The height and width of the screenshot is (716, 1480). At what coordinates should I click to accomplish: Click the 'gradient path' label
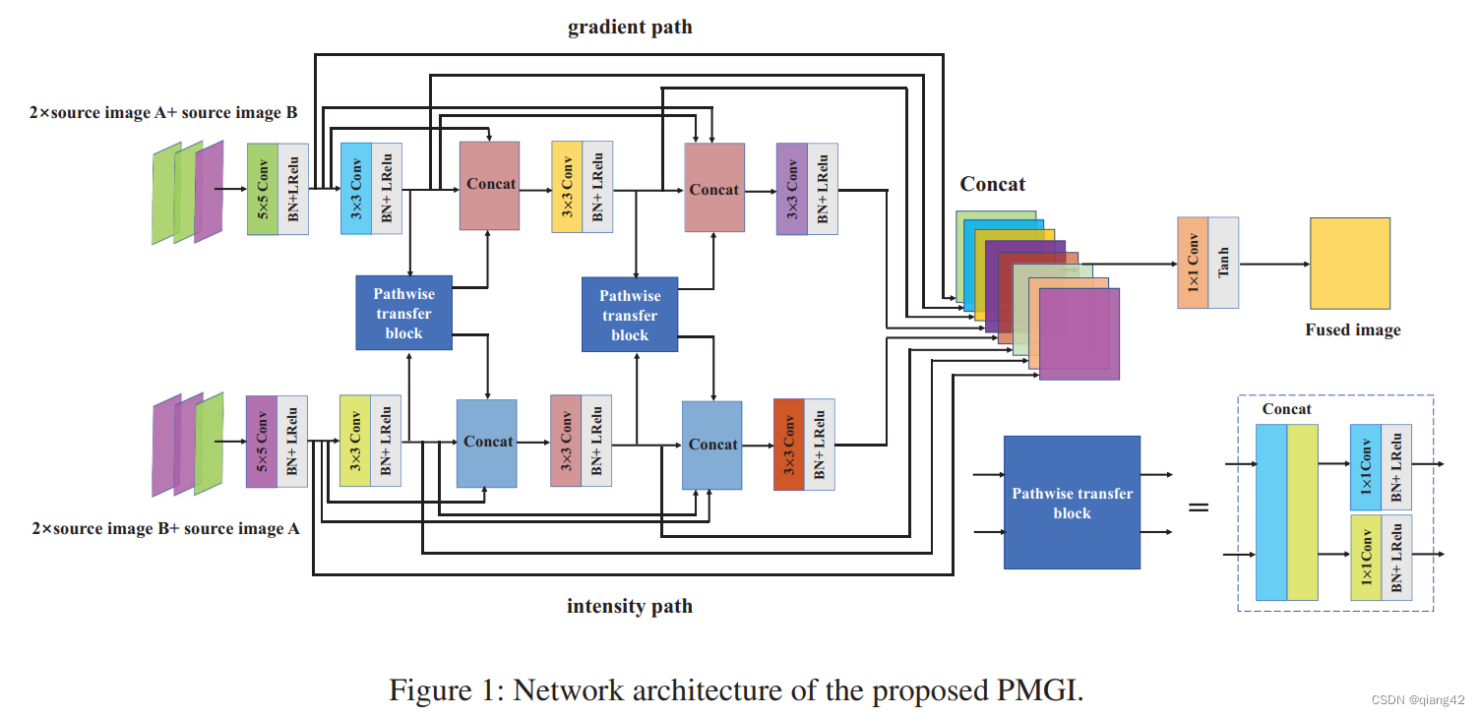(630, 28)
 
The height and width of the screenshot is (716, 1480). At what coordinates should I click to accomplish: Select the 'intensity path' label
(630, 606)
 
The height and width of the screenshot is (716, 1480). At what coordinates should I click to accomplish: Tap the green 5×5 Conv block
(263, 189)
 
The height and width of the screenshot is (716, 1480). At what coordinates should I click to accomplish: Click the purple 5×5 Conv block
(262, 442)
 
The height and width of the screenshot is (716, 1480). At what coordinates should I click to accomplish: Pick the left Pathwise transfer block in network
(403, 313)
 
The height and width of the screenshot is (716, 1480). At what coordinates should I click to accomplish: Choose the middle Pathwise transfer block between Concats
(630, 315)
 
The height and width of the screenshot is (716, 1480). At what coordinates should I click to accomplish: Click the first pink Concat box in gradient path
(490, 186)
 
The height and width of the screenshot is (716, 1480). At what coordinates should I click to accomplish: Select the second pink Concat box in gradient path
(714, 188)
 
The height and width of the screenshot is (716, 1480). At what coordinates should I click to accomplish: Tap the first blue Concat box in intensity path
(487, 443)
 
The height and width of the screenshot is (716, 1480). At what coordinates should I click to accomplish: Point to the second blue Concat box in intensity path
(712, 445)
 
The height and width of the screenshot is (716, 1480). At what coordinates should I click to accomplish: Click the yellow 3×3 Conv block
(567, 188)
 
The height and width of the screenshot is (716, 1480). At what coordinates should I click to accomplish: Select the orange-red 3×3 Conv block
(789, 444)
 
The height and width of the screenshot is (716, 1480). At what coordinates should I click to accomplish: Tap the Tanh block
(1223, 263)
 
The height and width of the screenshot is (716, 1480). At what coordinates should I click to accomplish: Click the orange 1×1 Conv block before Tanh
(1193, 263)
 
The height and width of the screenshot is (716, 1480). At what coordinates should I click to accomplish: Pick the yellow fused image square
(1349, 264)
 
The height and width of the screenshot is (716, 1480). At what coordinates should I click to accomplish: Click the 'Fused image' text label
(1352, 330)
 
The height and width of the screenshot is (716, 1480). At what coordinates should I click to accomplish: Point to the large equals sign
(1199, 507)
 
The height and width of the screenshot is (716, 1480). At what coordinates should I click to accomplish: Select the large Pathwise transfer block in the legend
(1072, 503)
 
